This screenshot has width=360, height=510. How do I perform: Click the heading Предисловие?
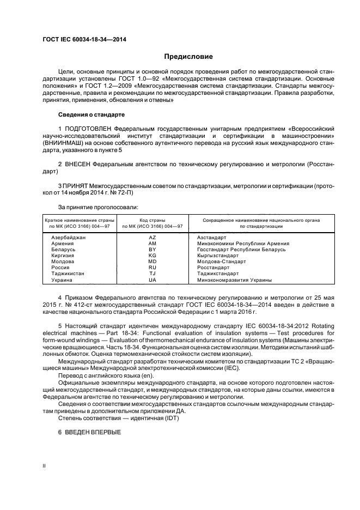click(x=188, y=57)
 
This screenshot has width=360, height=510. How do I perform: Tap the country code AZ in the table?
click(x=152, y=238)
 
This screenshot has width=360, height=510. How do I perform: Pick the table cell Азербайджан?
click(x=69, y=238)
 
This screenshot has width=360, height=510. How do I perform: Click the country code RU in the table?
click(x=152, y=268)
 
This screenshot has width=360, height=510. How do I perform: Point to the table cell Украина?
click(x=61, y=280)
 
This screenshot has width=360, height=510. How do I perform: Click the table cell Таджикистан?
click(x=68, y=274)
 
